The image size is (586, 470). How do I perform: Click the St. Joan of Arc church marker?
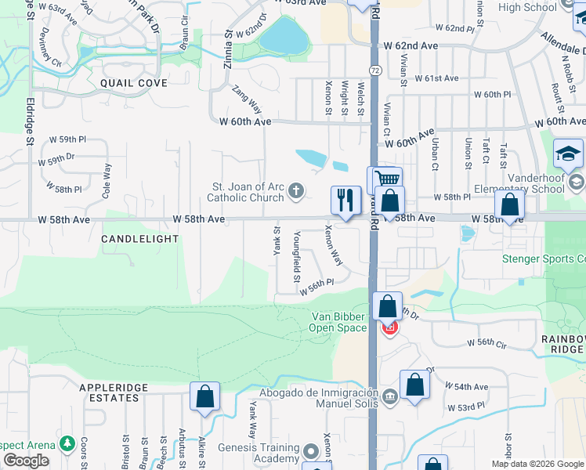[296, 190]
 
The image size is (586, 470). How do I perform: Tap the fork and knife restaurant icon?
[345, 201]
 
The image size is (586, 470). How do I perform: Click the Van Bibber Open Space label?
[339, 322]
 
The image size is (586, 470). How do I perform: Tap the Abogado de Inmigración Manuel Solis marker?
[391, 398]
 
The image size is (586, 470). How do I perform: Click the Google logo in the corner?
[25, 461]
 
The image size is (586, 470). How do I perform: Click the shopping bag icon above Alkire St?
[204, 396]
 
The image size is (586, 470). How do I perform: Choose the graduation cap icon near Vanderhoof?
[568, 154]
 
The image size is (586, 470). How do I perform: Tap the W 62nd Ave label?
[416, 45]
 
